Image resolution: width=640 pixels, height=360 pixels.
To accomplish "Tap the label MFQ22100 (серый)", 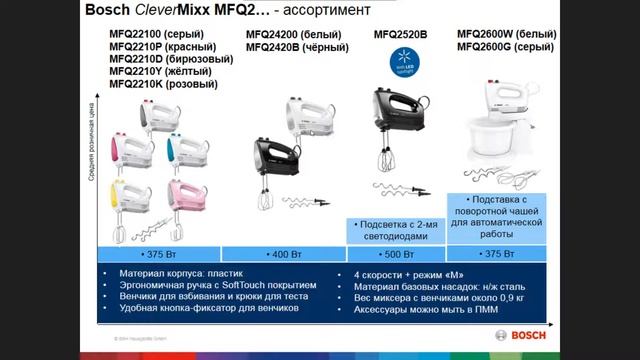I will coord(150,34).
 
